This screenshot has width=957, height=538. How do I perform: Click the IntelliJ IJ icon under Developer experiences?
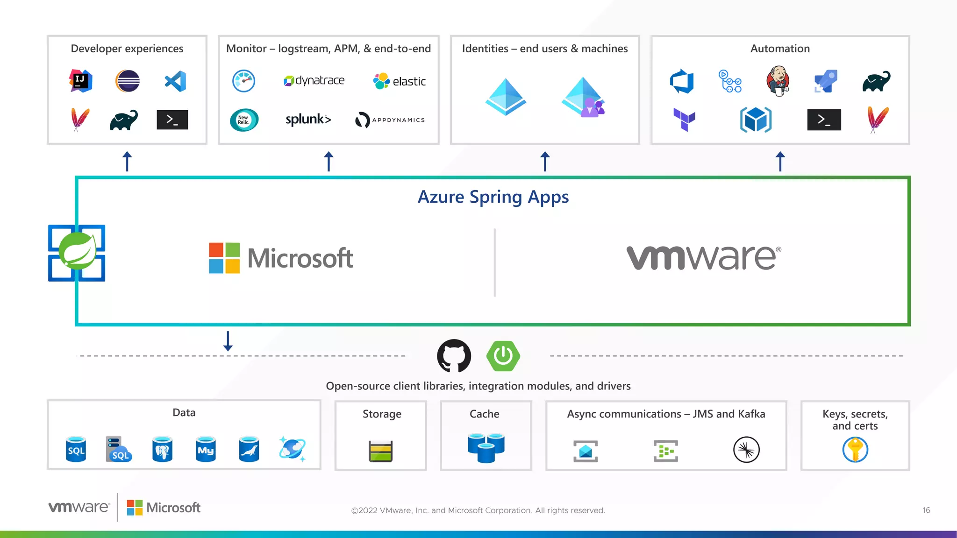pyautogui.click(x=81, y=81)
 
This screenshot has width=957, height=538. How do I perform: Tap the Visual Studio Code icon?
pyautogui.click(x=176, y=81)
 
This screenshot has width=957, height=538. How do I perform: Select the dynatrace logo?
pyautogui.click(x=314, y=81)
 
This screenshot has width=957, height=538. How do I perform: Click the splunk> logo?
pyautogui.click(x=308, y=120)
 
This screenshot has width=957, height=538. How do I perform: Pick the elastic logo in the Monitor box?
pyautogui.click(x=400, y=81)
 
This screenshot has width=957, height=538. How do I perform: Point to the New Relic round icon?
pyautogui.click(x=244, y=120)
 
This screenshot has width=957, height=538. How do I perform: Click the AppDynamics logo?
pyautogui.click(x=390, y=120)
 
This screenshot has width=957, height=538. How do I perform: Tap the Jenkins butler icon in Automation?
pyautogui.click(x=778, y=81)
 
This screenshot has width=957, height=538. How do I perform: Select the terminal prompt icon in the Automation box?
pyautogui.click(x=824, y=120)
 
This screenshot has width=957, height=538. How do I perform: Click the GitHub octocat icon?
pyautogui.click(x=454, y=356)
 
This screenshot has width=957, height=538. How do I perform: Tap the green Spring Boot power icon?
pyautogui.click(x=503, y=356)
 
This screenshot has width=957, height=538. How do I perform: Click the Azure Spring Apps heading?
pyautogui.click(x=493, y=197)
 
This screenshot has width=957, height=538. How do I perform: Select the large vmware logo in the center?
pyautogui.click(x=703, y=258)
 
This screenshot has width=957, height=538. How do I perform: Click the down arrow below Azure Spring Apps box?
pyautogui.click(x=228, y=341)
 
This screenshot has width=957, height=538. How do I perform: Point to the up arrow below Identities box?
pyautogui.click(x=545, y=162)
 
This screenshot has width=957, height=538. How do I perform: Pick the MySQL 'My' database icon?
pyautogui.click(x=206, y=449)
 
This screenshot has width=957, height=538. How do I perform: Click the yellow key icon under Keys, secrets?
pyautogui.click(x=855, y=450)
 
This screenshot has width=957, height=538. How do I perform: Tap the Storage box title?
pyautogui.click(x=382, y=414)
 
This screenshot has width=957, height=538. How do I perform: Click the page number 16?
pyautogui.click(x=926, y=510)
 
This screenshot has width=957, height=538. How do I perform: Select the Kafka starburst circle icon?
pyautogui.click(x=746, y=450)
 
